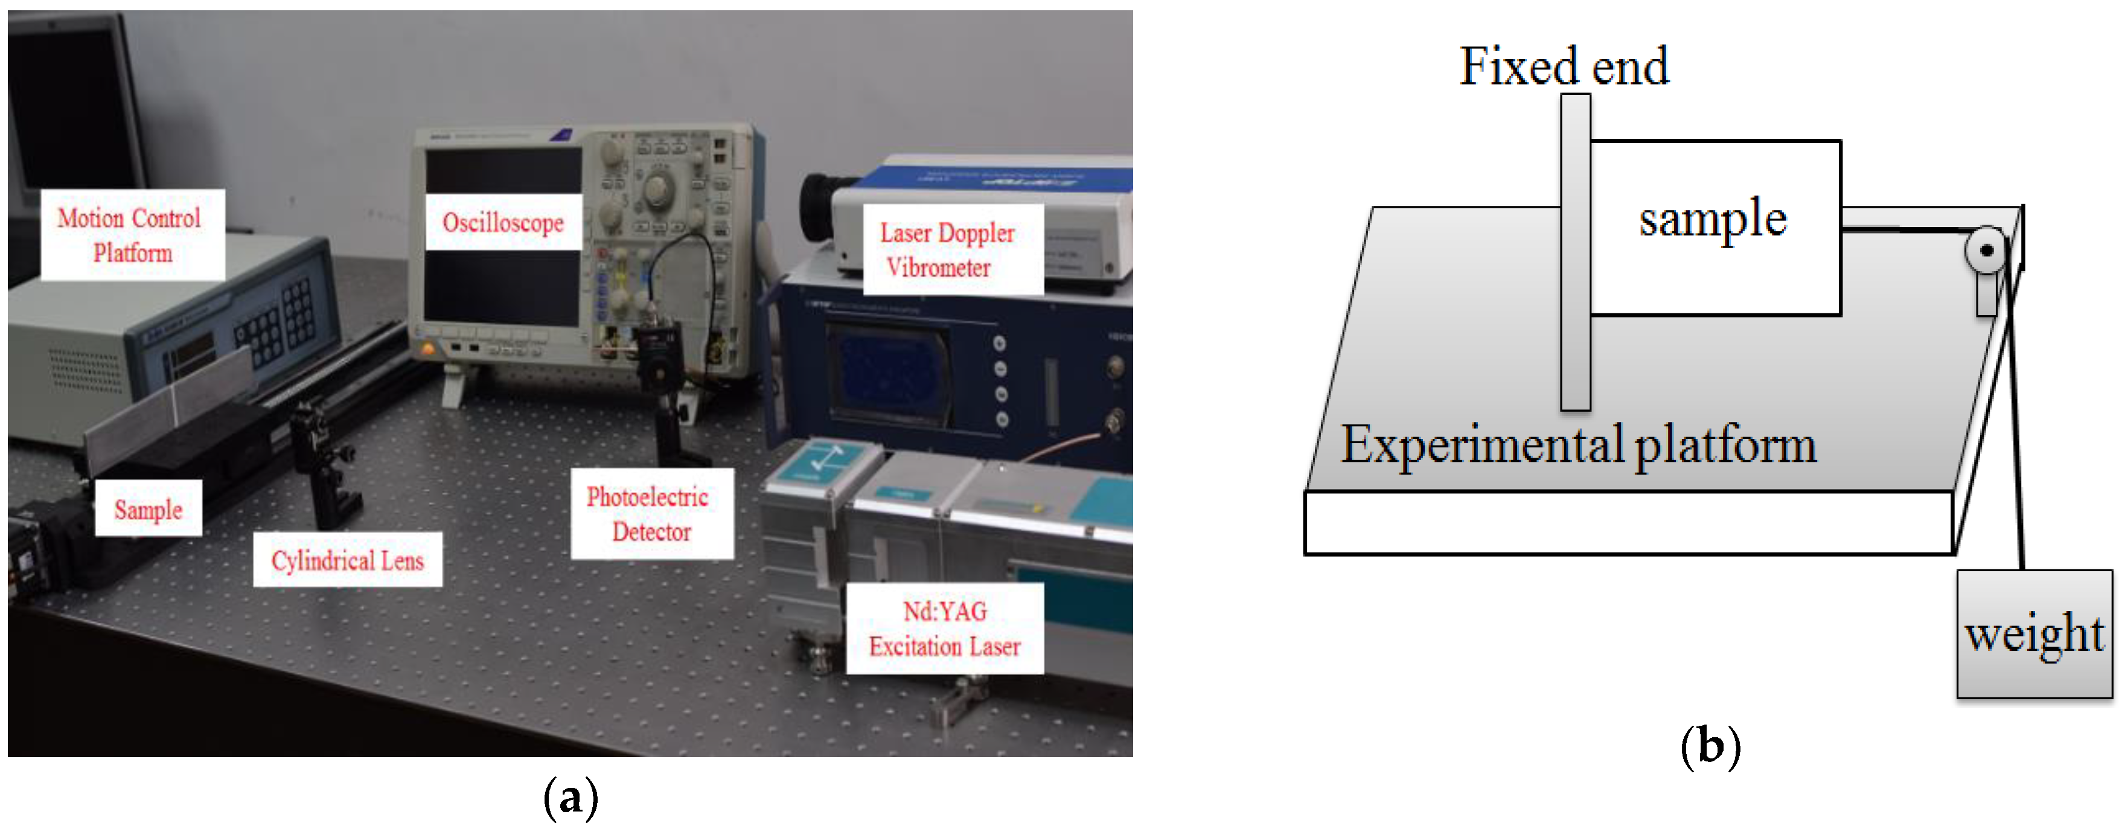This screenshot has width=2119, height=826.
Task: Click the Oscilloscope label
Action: point(503,222)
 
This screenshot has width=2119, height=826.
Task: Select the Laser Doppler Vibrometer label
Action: point(952,249)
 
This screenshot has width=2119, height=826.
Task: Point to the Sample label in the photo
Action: point(148,509)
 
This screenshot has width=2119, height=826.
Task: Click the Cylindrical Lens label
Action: point(347,560)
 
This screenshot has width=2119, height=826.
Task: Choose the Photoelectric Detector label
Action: point(651,513)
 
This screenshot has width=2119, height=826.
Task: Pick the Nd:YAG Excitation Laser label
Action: point(944,629)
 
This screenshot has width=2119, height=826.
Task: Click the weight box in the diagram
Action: point(2033,633)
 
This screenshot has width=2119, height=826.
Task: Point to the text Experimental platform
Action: point(1577,445)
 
